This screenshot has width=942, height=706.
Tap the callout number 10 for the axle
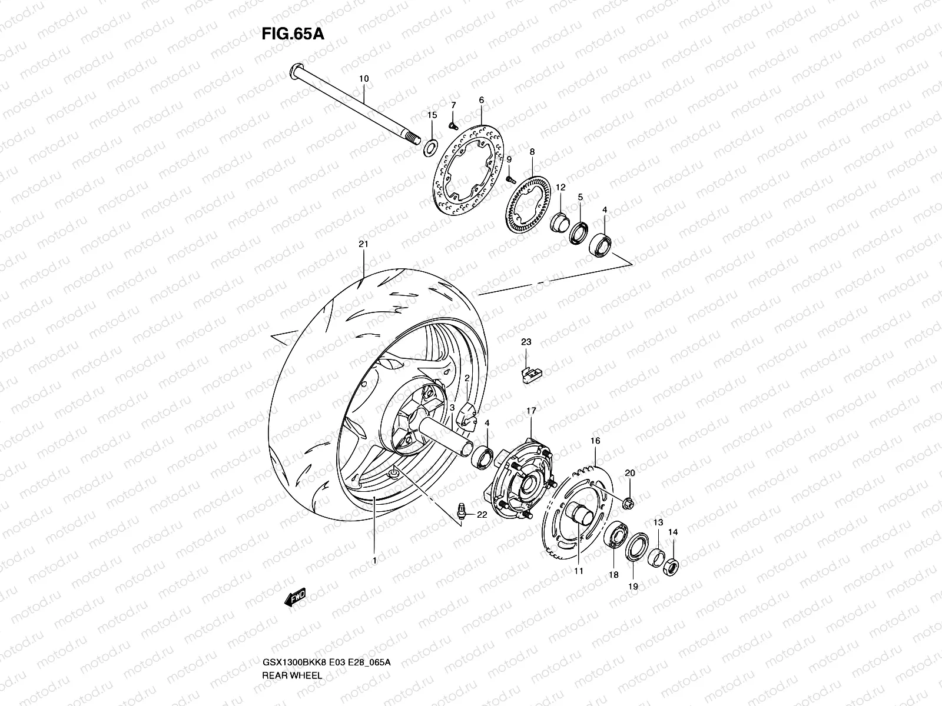(363, 78)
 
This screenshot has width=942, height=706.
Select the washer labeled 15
(432, 145)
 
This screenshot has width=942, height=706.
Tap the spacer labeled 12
(559, 224)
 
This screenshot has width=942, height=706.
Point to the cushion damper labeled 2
(467, 412)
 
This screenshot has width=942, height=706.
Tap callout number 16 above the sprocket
(595, 440)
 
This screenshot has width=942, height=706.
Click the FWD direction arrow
(294, 598)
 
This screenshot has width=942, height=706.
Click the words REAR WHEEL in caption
(292, 642)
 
